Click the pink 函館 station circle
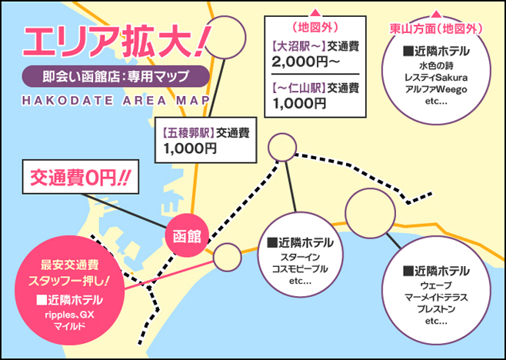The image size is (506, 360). (x=187, y=235)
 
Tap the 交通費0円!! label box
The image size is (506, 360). (x=81, y=177)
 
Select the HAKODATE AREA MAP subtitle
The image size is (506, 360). (x=116, y=101)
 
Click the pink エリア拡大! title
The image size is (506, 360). (x=117, y=42)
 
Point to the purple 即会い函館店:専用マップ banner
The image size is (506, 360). (x=116, y=76)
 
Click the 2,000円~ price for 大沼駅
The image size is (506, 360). (x=305, y=62)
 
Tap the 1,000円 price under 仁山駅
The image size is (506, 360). (x=299, y=103)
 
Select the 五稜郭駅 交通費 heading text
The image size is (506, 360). (x=206, y=133)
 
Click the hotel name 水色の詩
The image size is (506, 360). (x=436, y=66)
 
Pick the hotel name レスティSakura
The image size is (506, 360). (x=436, y=78)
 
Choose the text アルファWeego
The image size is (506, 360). (x=436, y=89)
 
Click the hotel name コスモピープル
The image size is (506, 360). (x=300, y=269)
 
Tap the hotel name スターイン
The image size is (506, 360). (x=300, y=258)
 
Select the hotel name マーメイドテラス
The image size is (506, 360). (x=436, y=298)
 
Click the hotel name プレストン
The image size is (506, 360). (x=436, y=309)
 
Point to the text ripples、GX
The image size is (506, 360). (x=69, y=315)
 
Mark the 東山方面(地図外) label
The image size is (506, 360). (x=436, y=29)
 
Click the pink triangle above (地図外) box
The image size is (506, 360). (x=315, y=13)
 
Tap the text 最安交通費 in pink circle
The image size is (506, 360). (x=69, y=265)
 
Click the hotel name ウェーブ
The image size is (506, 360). (x=436, y=285)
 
